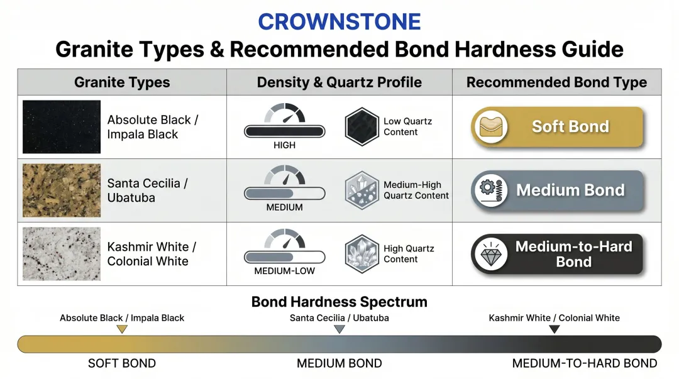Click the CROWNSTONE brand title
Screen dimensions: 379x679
click(339, 22)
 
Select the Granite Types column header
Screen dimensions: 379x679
click(122, 82)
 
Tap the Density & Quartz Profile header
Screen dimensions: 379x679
click(339, 82)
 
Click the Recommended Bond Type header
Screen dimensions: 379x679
click(556, 82)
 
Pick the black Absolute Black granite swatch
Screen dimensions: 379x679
click(62, 127)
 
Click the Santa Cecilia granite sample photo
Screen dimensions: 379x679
click(62, 190)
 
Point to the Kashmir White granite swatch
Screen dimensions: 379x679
click(62, 254)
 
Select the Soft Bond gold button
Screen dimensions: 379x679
click(557, 127)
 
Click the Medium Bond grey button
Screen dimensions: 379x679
click(557, 190)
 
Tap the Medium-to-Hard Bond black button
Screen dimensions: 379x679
click(557, 254)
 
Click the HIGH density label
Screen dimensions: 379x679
click(284, 145)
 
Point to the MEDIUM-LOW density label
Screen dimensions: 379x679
click(284, 272)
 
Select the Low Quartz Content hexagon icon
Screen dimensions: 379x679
click(362, 127)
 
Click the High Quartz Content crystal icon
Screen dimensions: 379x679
click(362, 254)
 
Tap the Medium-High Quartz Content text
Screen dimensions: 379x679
click(416, 190)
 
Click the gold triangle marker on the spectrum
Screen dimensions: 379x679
click(122, 329)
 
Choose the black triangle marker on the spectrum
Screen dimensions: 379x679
click(554, 329)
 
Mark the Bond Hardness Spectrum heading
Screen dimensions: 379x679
click(339, 302)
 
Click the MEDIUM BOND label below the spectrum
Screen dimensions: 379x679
click(339, 363)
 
